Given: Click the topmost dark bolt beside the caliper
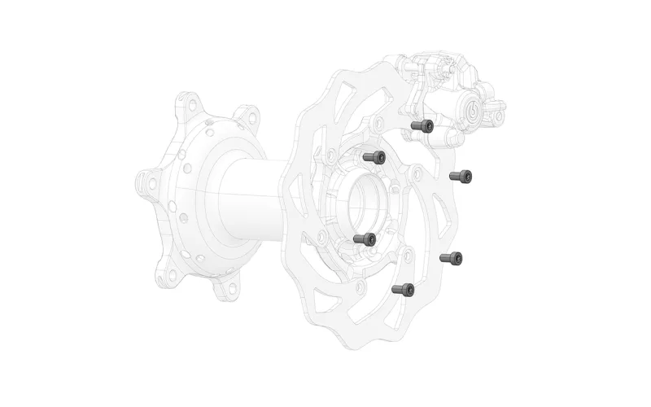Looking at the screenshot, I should pos(422,126).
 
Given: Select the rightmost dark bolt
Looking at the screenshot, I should pos(461,175).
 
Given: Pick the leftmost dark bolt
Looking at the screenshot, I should pos(365,239).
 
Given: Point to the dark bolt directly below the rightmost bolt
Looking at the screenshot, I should pos(452,258).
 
